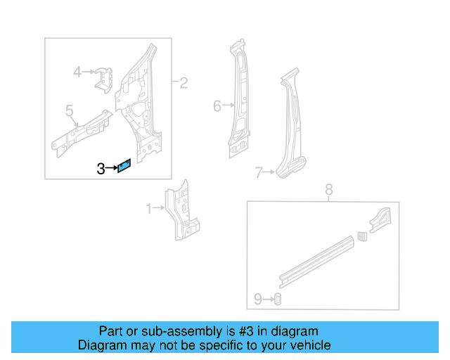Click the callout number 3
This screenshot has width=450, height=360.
(101, 168)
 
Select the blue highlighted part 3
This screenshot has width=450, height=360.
(124, 166)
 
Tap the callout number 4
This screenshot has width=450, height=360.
(78, 71)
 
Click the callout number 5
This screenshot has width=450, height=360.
(69, 110)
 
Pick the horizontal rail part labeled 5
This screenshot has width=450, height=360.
(81, 130)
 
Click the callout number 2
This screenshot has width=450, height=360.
(184, 84)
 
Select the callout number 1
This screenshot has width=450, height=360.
(148, 208)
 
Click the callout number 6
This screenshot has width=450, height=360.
(217, 106)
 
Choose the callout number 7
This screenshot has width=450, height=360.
(259, 172)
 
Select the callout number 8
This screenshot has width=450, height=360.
(328, 189)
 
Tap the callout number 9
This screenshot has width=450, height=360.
(258, 300)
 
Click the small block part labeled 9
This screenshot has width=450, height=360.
(277, 300)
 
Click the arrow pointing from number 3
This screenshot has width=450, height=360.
(111, 168)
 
